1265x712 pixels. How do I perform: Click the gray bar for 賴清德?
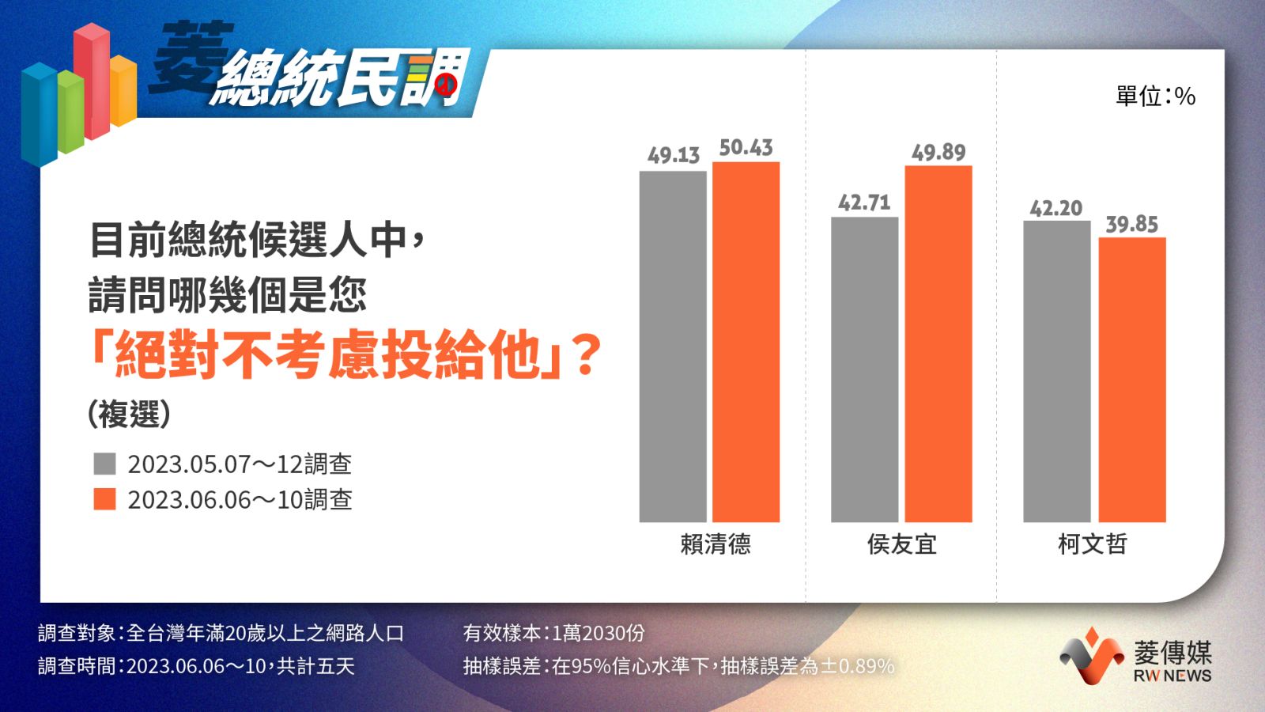point(673,347)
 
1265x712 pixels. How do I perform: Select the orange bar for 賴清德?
point(746,342)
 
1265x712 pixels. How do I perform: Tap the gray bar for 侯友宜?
point(865,369)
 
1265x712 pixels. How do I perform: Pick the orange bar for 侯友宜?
point(938,343)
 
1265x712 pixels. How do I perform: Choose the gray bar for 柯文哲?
point(1056,371)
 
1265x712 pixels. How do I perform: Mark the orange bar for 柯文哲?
point(1131,380)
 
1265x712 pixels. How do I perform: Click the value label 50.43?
point(746,147)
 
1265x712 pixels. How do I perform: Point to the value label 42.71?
point(864,203)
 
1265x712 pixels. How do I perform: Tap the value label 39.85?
point(1131,225)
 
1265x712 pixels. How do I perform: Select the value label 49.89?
point(938,152)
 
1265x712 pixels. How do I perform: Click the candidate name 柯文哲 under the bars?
point(1092,544)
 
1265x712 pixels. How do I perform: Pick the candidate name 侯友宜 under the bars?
point(902,544)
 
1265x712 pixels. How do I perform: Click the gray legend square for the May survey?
point(104,464)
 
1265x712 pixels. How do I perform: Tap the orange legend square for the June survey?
point(104,499)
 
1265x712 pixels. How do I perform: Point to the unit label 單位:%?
point(1155,96)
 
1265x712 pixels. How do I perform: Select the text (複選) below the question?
point(129,415)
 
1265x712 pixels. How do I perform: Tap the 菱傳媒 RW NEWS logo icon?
point(1092,656)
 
